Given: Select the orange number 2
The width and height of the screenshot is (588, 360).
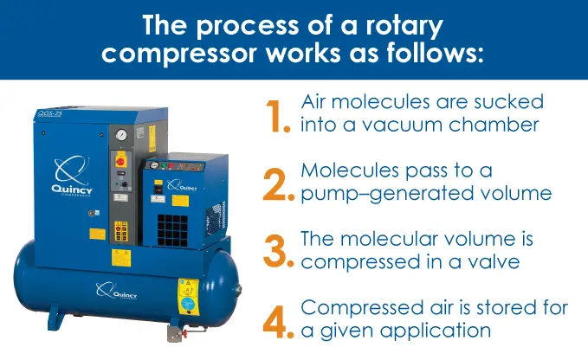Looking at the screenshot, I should coord(278,183).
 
